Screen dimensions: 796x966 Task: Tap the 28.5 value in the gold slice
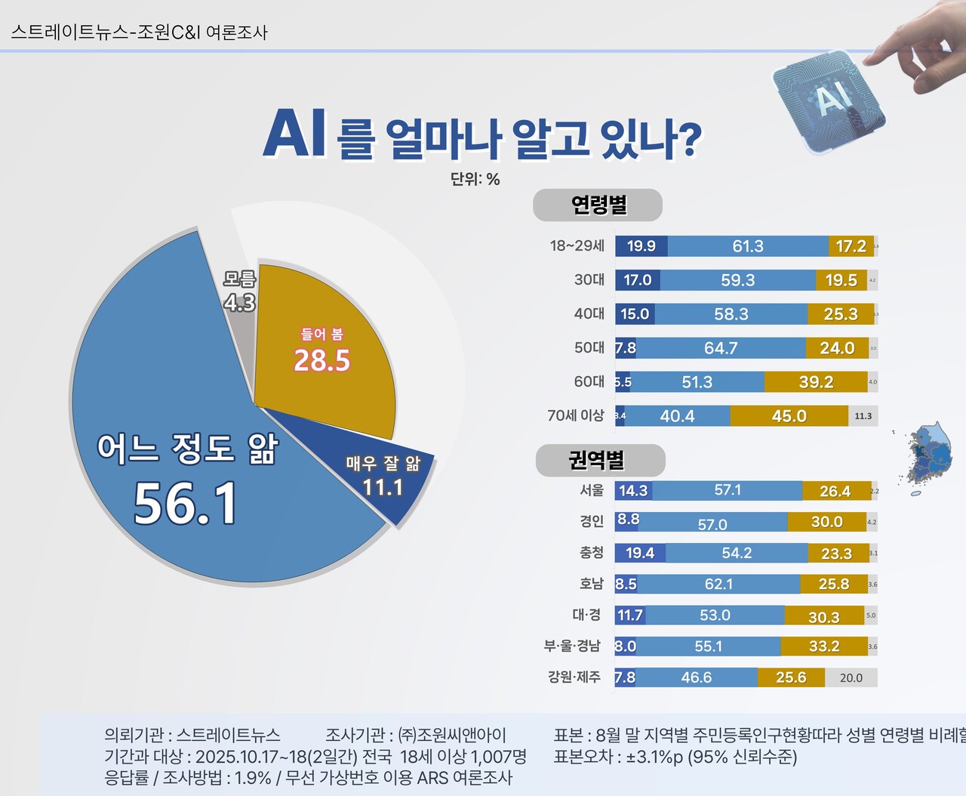[322, 361]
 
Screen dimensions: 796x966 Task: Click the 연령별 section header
[598, 205]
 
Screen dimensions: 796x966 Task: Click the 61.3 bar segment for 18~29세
[748, 246]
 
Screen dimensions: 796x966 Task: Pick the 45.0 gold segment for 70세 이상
[789, 416]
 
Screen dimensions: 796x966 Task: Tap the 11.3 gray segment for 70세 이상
[863, 416]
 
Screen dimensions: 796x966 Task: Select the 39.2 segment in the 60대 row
[816, 382]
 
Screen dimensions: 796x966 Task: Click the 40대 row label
[589, 313]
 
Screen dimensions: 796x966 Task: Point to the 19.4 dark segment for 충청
[640, 553]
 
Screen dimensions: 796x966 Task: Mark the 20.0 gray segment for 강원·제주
[851, 677]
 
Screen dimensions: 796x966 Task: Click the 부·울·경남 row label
[572, 646]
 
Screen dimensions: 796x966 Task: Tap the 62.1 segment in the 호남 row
[718, 584]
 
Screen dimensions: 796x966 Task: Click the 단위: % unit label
[475, 179]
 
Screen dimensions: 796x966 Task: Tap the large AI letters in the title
[294, 134]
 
